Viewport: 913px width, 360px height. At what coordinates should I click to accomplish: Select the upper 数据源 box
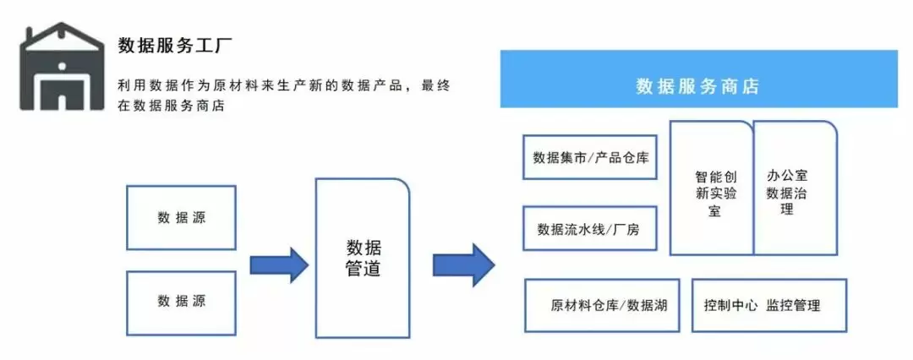pyautogui.click(x=181, y=217)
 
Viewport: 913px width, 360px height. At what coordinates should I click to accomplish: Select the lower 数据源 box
pyautogui.click(x=181, y=301)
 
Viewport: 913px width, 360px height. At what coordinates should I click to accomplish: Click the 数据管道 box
pyautogui.click(x=363, y=258)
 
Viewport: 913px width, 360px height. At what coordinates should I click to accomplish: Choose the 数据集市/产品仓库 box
pyautogui.click(x=590, y=156)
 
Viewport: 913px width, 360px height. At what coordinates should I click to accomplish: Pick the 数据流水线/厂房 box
pyautogui.click(x=590, y=228)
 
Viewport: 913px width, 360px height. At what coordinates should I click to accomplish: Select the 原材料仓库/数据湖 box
pyautogui.click(x=602, y=305)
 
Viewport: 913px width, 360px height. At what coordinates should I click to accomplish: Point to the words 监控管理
pyautogui.click(x=794, y=305)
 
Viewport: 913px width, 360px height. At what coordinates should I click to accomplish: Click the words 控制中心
pyautogui.click(x=730, y=305)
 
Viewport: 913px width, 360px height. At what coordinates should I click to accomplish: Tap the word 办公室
pyautogui.click(x=787, y=176)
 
